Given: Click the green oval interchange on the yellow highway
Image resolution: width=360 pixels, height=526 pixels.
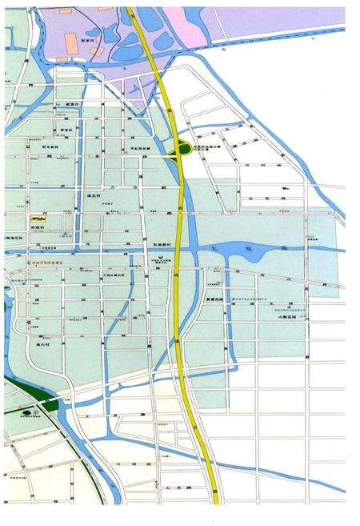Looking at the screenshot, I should click(x=184, y=148).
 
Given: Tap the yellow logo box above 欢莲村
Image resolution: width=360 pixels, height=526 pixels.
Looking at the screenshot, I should click(x=39, y=218).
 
